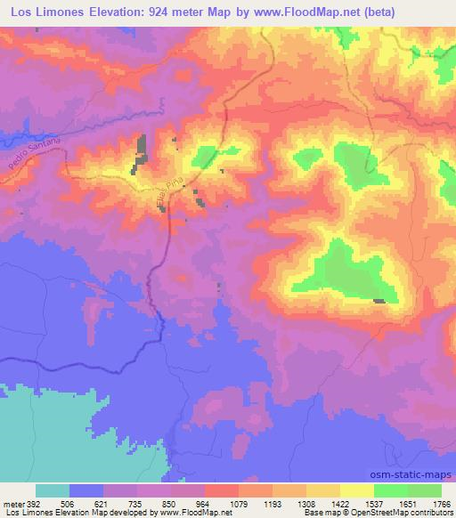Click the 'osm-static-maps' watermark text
(x=412, y=474)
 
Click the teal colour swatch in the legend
(x=53, y=490)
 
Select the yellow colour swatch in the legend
(x=355, y=490)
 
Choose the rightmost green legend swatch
(x=424, y=490)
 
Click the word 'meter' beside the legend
(x=11, y=503)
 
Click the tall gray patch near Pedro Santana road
(x=141, y=150)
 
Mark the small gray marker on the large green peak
(x=379, y=302)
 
